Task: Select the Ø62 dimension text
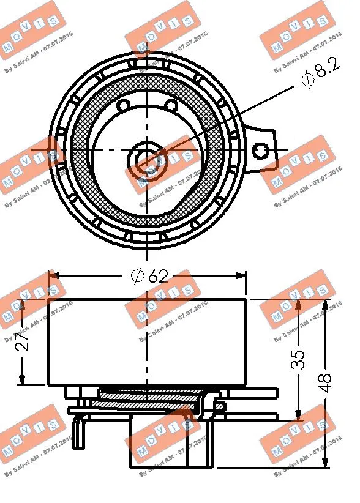(150, 276)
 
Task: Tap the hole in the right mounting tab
(261, 149)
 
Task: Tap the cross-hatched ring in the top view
(83, 153)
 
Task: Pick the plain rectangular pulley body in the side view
(98, 343)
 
